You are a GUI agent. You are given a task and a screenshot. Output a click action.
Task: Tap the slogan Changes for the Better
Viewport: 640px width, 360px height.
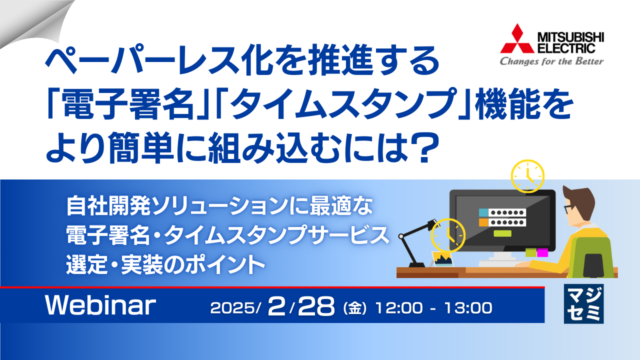click(x=552, y=61)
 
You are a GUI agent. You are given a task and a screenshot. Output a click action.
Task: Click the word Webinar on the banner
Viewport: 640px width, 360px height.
click(x=100, y=305)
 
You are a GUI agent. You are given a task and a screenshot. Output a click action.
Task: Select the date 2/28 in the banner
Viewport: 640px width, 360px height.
click(x=300, y=306)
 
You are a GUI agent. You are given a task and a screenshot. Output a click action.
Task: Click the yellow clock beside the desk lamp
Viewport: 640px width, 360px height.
click(x=448, y=234)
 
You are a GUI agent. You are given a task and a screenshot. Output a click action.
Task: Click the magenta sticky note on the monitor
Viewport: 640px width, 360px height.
click(x=542, y=252)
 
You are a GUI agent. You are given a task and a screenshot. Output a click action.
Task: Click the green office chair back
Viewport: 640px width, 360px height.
click(x=593, y=257)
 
